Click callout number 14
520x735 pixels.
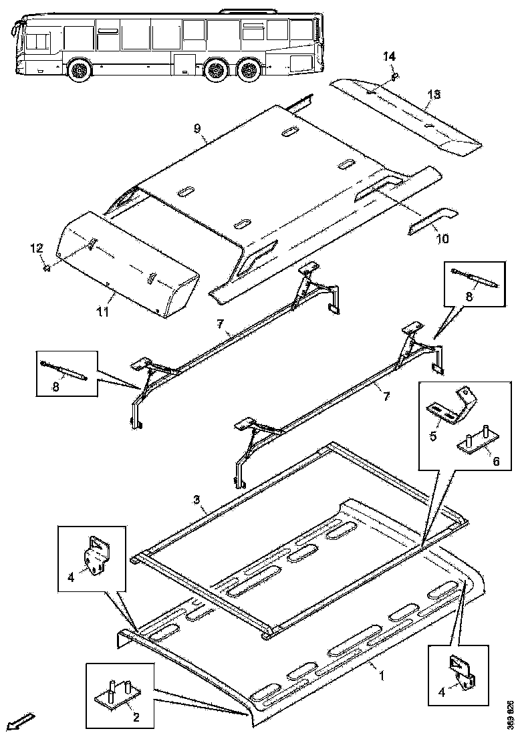pos(388,57)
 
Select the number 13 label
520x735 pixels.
pos(434,94)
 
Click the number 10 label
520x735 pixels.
pos(442,238)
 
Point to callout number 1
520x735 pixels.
pos(382,677)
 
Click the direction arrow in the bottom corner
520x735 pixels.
pos(19,721)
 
